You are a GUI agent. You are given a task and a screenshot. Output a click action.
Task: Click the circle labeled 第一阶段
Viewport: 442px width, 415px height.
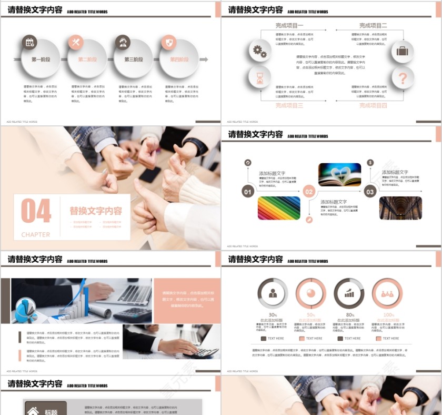pyautogui.click(x=41, y=60)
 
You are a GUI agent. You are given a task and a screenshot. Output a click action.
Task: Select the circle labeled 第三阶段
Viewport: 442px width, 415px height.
pyautogui.click(x=133, y=60)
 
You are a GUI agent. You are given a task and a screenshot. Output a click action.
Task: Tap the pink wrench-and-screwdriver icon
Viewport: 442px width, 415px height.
pyautogui.click(x=75, y=43)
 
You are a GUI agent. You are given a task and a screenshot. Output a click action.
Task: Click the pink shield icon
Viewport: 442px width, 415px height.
pyautogui.click(x=168, y=43)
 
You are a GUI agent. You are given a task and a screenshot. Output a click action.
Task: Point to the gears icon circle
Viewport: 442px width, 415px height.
pyautogui.click(x=259, y=51)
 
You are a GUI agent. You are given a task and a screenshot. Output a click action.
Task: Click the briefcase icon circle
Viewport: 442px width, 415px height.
pyautogui.click(x=403, y=51)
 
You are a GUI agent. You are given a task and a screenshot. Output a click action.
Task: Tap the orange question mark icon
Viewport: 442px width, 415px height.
pyautogui.click(x=403, y=78)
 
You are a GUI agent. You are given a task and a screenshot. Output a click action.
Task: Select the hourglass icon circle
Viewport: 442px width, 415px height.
pyautogui.click(x=259, y=78)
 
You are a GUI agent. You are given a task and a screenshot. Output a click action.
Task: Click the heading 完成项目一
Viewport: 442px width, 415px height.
pyautogui.click(x=289, y=25)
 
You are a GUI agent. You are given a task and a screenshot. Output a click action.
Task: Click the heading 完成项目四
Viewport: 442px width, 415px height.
pyautogui.click(x=373, y=105)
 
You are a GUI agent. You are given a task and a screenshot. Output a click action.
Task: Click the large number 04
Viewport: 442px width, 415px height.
pyautogui.click(x=36, y=211)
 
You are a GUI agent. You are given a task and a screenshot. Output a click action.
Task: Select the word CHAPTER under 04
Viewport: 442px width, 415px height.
pyautogui.click(x=36, y=234)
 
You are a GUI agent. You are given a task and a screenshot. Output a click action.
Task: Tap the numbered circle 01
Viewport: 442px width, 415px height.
pyautogui.click(x=248, y=192)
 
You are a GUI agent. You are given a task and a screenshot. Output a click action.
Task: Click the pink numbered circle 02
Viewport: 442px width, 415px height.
pyautogui.click(x=309, y=192)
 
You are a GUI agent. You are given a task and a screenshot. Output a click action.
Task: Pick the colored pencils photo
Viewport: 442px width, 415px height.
pyautogui.click(x=279, y=208)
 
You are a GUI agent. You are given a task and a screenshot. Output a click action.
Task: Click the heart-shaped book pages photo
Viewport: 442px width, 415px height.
pyautogui.click(x=339, y=175)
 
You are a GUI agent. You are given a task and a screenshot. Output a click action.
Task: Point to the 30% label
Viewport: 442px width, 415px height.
pyautogui.click(x=273, y=315)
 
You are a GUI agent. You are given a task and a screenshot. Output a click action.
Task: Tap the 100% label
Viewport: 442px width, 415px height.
pyautogui.click(x=388, y=315)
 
